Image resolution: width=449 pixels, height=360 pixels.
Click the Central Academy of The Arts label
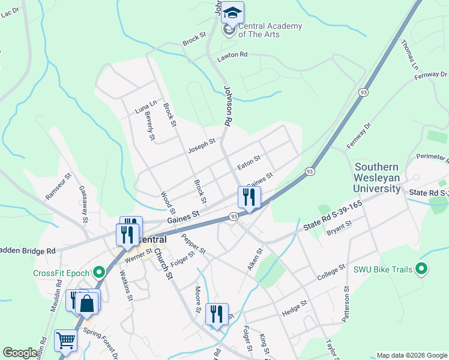pos(270,30)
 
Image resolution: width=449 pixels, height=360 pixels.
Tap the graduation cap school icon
pos(232,13)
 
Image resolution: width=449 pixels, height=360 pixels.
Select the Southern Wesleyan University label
pos(377,178)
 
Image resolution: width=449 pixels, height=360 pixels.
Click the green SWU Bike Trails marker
pos(421,269)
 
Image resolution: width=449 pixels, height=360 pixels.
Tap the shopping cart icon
pos(65,341)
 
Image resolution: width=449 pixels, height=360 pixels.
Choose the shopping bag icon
pos(87,303)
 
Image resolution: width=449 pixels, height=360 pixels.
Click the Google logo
pos(20,352)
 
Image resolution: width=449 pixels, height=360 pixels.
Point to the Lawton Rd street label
pos(232,55)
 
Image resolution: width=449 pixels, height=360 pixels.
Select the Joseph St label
pos(201,145)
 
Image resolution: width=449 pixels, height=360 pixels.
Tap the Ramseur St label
pos(59,187)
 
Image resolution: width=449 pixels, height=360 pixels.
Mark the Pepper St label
pos(193,241)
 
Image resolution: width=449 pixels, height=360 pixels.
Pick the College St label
pos(331,273)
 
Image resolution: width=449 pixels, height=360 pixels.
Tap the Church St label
pos(161,264)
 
